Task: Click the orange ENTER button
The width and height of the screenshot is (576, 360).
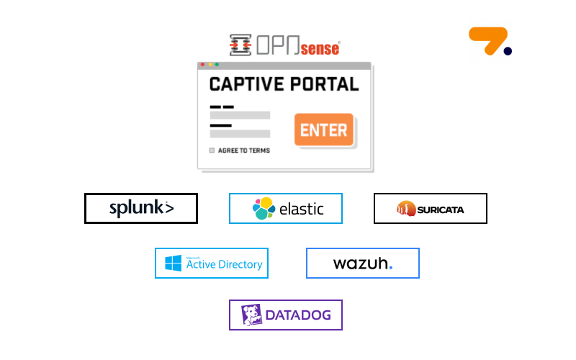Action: click(324, 130)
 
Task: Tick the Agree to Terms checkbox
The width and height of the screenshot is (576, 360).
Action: click(212, 150)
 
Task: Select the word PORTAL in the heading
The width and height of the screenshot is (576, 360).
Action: click(323, 84)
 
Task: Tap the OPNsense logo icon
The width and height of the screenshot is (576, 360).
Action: click(240, 45)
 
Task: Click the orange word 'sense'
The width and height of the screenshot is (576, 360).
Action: click(320, 48)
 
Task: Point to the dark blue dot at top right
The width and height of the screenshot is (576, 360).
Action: click(508, 50)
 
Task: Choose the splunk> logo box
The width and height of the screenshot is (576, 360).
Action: click(141, 209)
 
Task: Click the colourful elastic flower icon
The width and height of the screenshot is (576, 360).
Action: click(264, 209)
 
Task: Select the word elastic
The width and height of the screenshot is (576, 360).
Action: click(301, 210)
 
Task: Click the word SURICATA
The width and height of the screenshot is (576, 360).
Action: click(439, 210)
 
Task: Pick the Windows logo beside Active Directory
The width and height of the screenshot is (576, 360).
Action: click(173, 264)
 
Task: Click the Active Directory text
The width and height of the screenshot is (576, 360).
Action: click(224, 264)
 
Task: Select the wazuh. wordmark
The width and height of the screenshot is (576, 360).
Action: click(362, 264)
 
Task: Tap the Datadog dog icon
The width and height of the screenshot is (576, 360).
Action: click(251, 315)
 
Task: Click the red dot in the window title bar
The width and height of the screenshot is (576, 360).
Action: click(203, 65)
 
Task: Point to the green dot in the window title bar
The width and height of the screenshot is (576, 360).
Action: click(217, 65)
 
